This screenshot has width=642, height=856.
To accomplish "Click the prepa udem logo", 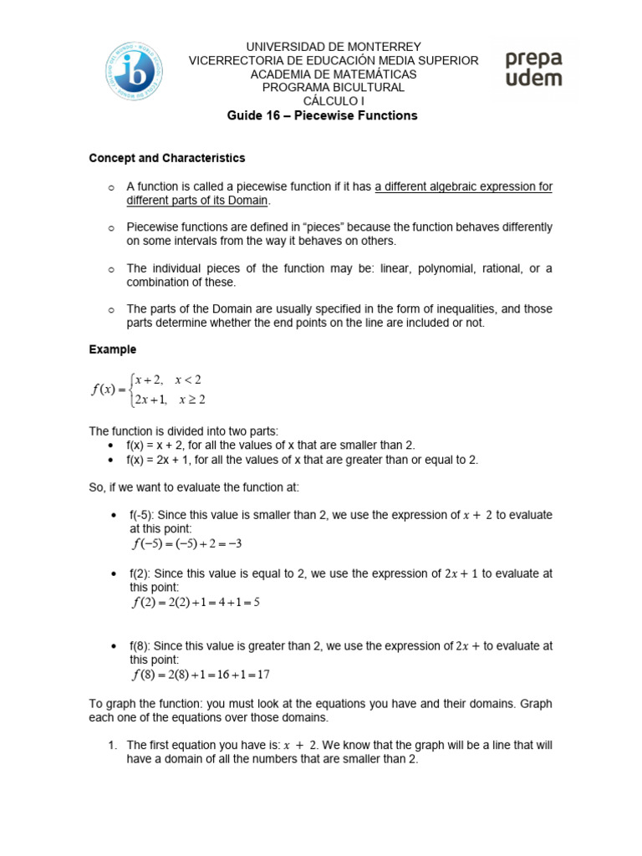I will [x=533, y=69].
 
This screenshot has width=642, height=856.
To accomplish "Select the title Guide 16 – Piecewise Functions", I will [x=322, y=115].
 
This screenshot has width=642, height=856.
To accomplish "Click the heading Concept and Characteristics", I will [x=166, y=158].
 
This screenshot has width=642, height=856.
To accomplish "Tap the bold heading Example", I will [x=112, y=349].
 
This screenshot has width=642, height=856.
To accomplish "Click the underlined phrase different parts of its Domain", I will [x=198, y=201].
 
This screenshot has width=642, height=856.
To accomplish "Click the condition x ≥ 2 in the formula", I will [x=191, y=399].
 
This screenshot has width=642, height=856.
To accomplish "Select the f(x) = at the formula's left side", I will [x=112, y=389].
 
